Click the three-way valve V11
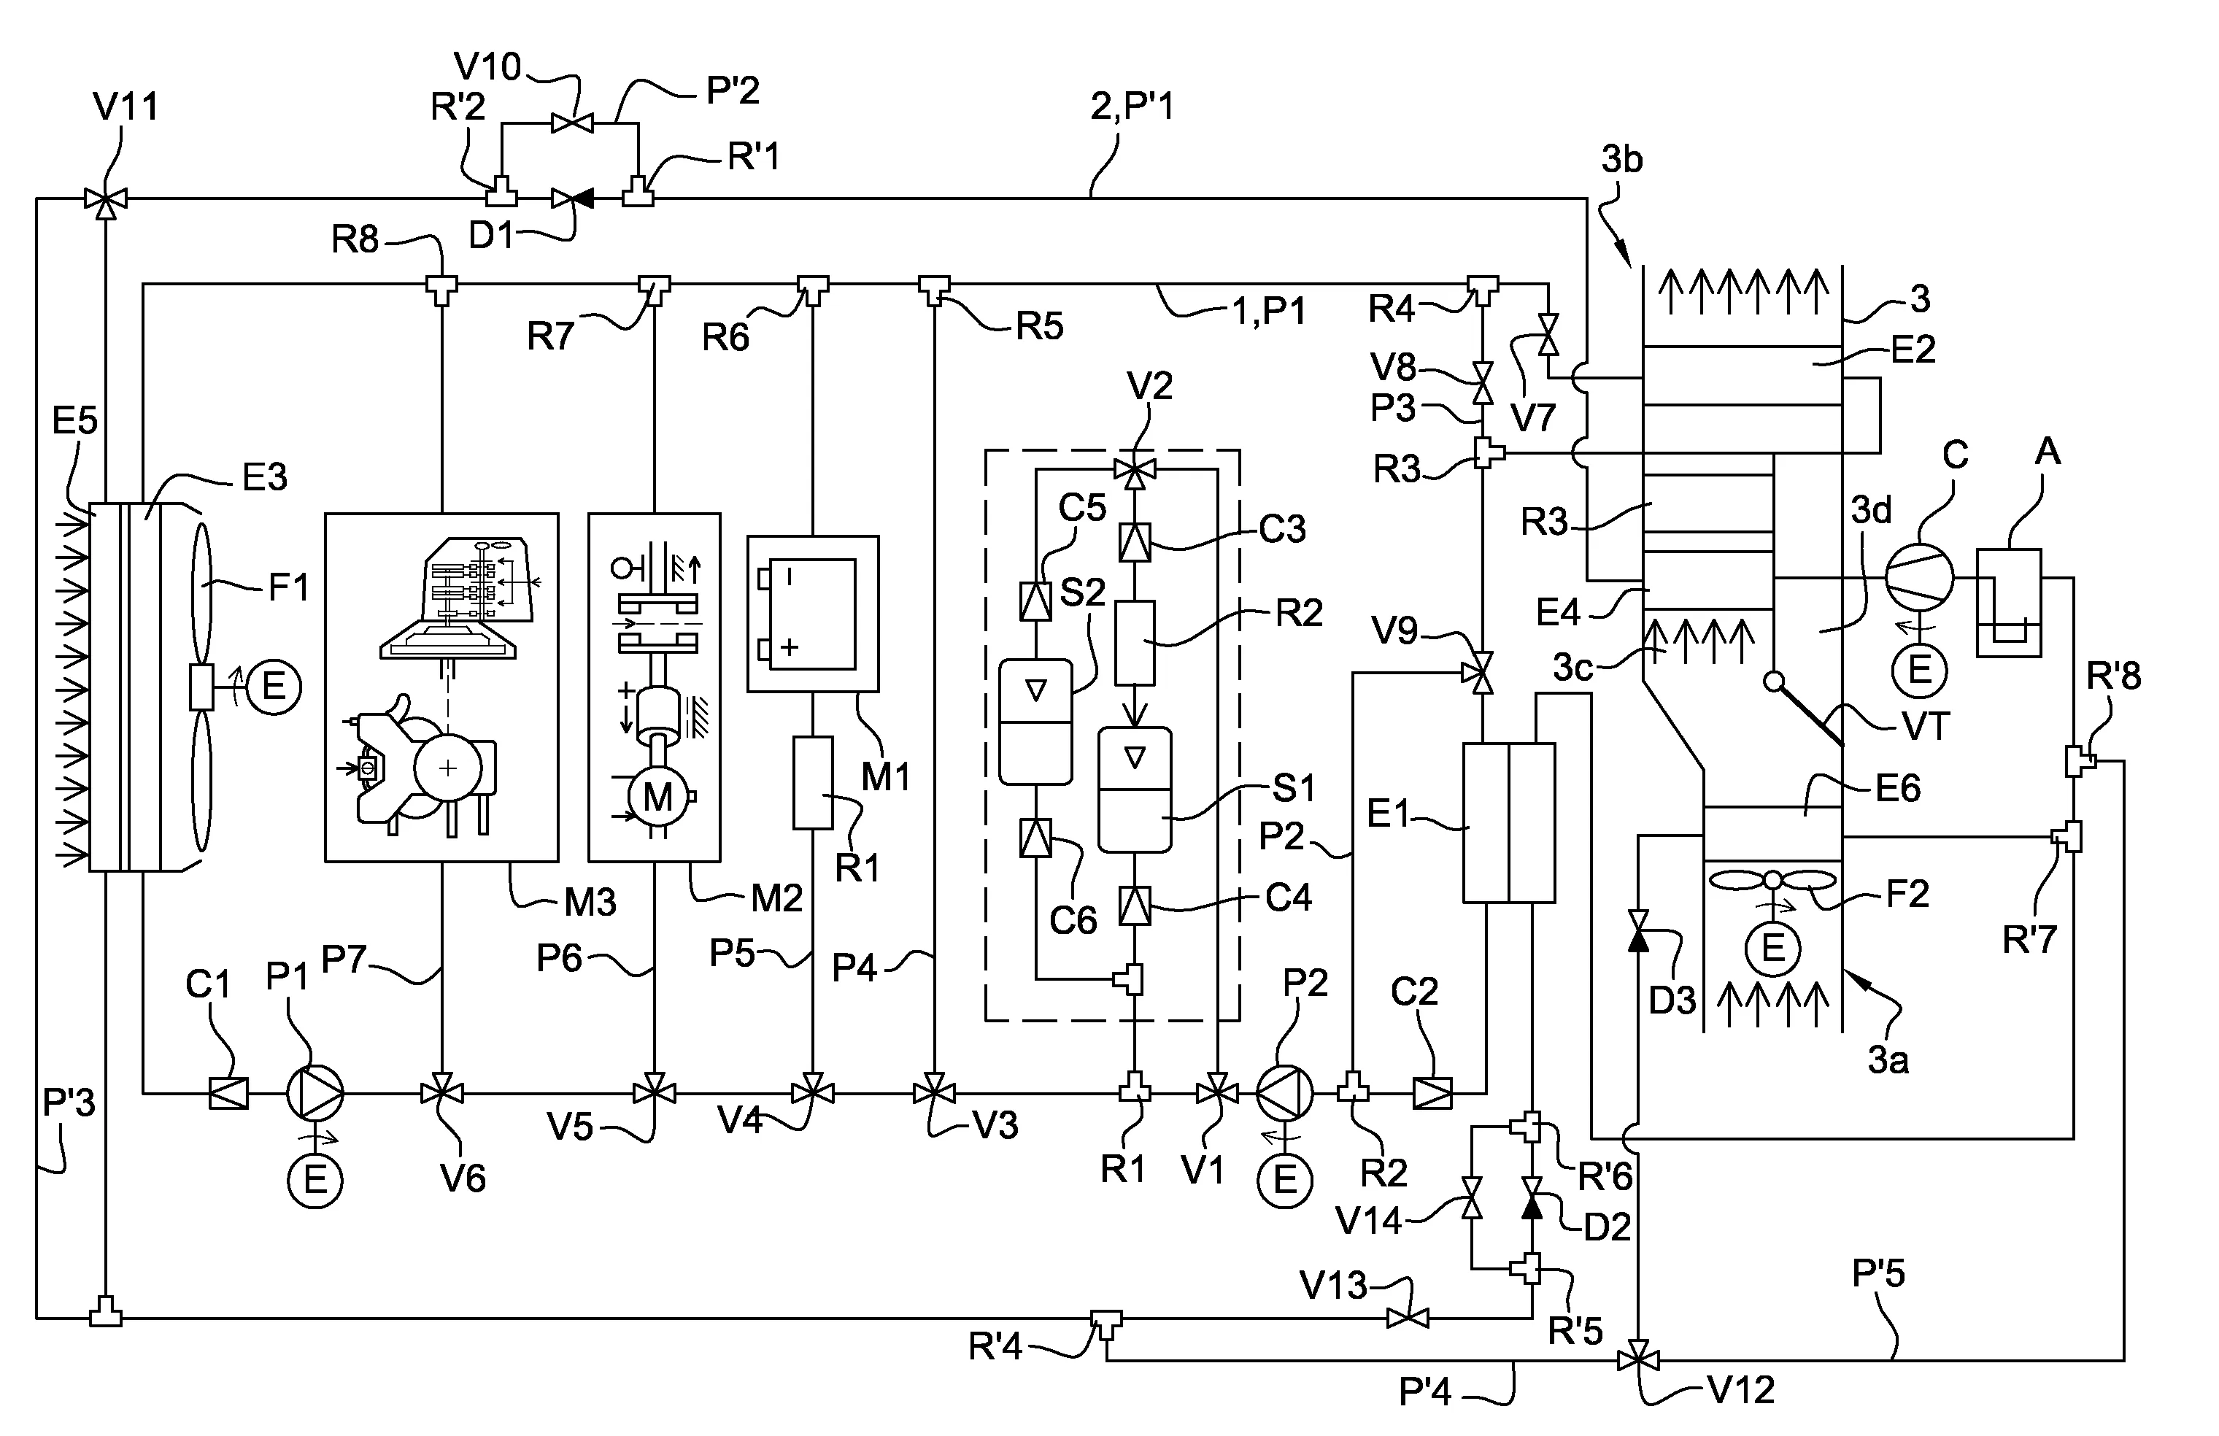pyautogui.click(x=105, y=198)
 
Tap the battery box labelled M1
pyautogui.click(x=812, y=614)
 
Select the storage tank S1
pyautogui.click(x=1135, y=789)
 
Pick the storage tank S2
pyautogui.click(x=1035, y=722)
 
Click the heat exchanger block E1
pyautogui.click(x=1508, y=822)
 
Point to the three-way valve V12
pyautogui.click(x=1637, y=1360)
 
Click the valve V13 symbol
pyautogui.click(x=1408, y=1319)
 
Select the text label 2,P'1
pyautogui.click(x=1132, y=107)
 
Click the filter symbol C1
pyautogui.click(x=228, y=1092)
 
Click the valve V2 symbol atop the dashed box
pyautogui.click(x=1135, y=471)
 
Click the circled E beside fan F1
pyautogui.click(x=273, y=687)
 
